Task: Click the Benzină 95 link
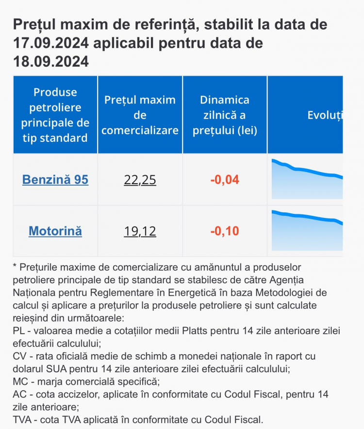pos(55,180)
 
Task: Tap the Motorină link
pos(55,231)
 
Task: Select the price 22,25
pos(140,180)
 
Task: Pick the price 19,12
pos(140,231)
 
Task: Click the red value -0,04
pos(225,180)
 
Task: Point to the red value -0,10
pos(225,231)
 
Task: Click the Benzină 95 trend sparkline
pos(307,179)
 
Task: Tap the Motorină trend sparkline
pos(307,230)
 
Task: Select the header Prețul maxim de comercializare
pos(140,115)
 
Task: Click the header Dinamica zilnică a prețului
pos(225,115)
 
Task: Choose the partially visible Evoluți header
pos(325,116)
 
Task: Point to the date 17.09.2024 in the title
pos(51,43)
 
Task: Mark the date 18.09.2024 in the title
pos(51,62)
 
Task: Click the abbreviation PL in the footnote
pos(19,331)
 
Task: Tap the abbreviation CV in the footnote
pos(20,356)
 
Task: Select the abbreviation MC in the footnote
pos(20,381)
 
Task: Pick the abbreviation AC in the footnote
pos(20,394)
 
